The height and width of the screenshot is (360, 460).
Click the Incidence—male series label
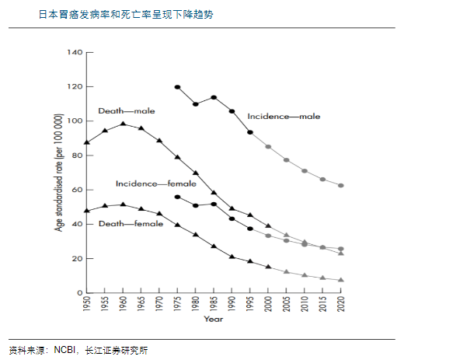pos(284,117)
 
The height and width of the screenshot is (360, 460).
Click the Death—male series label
pos(127,111)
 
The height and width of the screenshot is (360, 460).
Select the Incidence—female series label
pos(156,183)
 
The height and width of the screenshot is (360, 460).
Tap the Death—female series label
pos(131,224)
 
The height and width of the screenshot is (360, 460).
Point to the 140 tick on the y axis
pos(75,52)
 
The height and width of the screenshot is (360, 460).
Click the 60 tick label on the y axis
pos(77,190)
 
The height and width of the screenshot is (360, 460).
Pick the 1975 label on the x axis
pos(177,304)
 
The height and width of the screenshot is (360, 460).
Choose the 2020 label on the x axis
pos(341,304)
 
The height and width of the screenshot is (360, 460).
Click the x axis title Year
pos(214,320)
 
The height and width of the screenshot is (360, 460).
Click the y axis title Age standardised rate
pos(59,173)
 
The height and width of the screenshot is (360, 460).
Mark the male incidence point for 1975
pos(177,87)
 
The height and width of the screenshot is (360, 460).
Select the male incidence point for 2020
pos(341,186)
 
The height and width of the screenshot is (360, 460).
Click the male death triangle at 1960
pos(124,124)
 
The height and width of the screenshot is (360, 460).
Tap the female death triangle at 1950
pos(87,211)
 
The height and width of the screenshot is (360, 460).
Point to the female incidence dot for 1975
pos(177,197)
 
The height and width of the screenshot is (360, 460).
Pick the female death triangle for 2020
pos(341,280)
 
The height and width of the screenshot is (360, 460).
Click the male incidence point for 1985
pos(214,97)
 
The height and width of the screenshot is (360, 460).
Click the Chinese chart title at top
pos(126,15)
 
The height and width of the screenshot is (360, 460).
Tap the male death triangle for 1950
pos(87,142)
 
